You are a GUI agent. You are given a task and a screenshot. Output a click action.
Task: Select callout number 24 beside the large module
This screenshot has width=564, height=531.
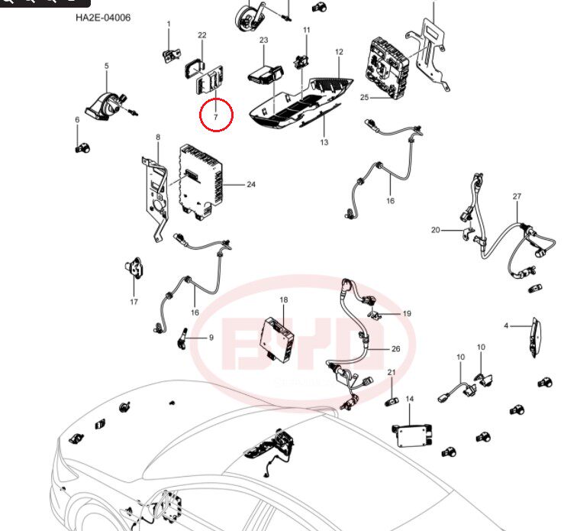pos(251,184)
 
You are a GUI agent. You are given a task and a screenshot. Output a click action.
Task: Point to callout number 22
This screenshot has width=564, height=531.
pos(201,35)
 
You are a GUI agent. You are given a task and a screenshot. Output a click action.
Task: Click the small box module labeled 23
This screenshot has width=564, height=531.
pos(264,73)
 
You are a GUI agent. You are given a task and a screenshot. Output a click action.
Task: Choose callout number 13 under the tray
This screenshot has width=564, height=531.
pos(324,142)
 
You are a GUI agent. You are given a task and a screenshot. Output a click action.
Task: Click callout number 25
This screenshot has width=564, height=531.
pos(364,97)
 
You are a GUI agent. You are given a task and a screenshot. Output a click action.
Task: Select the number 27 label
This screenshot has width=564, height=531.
pos(517,196)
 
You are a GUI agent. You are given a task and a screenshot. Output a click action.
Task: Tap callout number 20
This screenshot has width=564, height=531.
pos(436,229)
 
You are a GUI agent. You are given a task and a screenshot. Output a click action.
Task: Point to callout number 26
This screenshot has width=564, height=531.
pos(395,348)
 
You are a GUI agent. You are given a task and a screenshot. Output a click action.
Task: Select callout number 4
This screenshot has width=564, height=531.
pos(505,326)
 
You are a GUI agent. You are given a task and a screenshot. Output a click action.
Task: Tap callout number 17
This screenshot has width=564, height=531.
pos(134,302)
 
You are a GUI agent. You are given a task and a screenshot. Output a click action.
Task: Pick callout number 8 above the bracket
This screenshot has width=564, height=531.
pos(158,138)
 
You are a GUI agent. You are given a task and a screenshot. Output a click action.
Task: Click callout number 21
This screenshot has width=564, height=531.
pos(391,372)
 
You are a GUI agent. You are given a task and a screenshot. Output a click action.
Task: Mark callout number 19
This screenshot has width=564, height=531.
pos(406,313)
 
